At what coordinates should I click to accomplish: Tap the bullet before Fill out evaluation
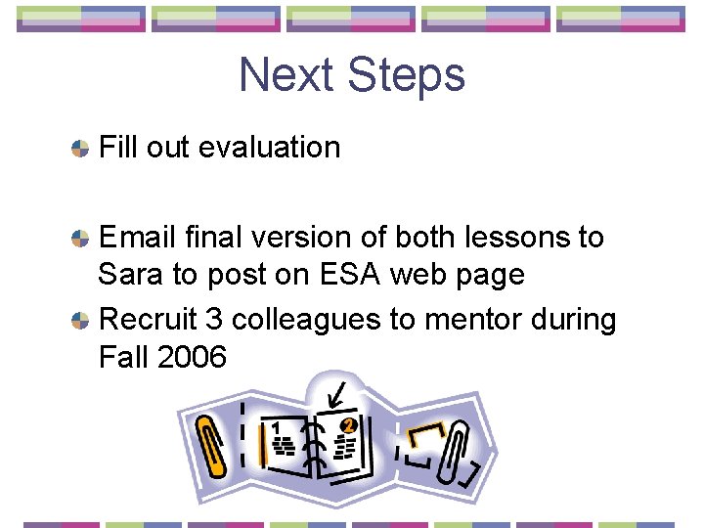point(80,150)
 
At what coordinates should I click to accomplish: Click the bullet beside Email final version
point(80,239)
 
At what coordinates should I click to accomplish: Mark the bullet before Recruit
point(80,321)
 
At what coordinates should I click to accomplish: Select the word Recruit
point(148,320)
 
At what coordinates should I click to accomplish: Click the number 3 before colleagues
point(215,320)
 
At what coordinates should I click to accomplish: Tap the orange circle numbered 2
point(348,425)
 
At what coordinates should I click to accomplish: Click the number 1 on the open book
point(277,428)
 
